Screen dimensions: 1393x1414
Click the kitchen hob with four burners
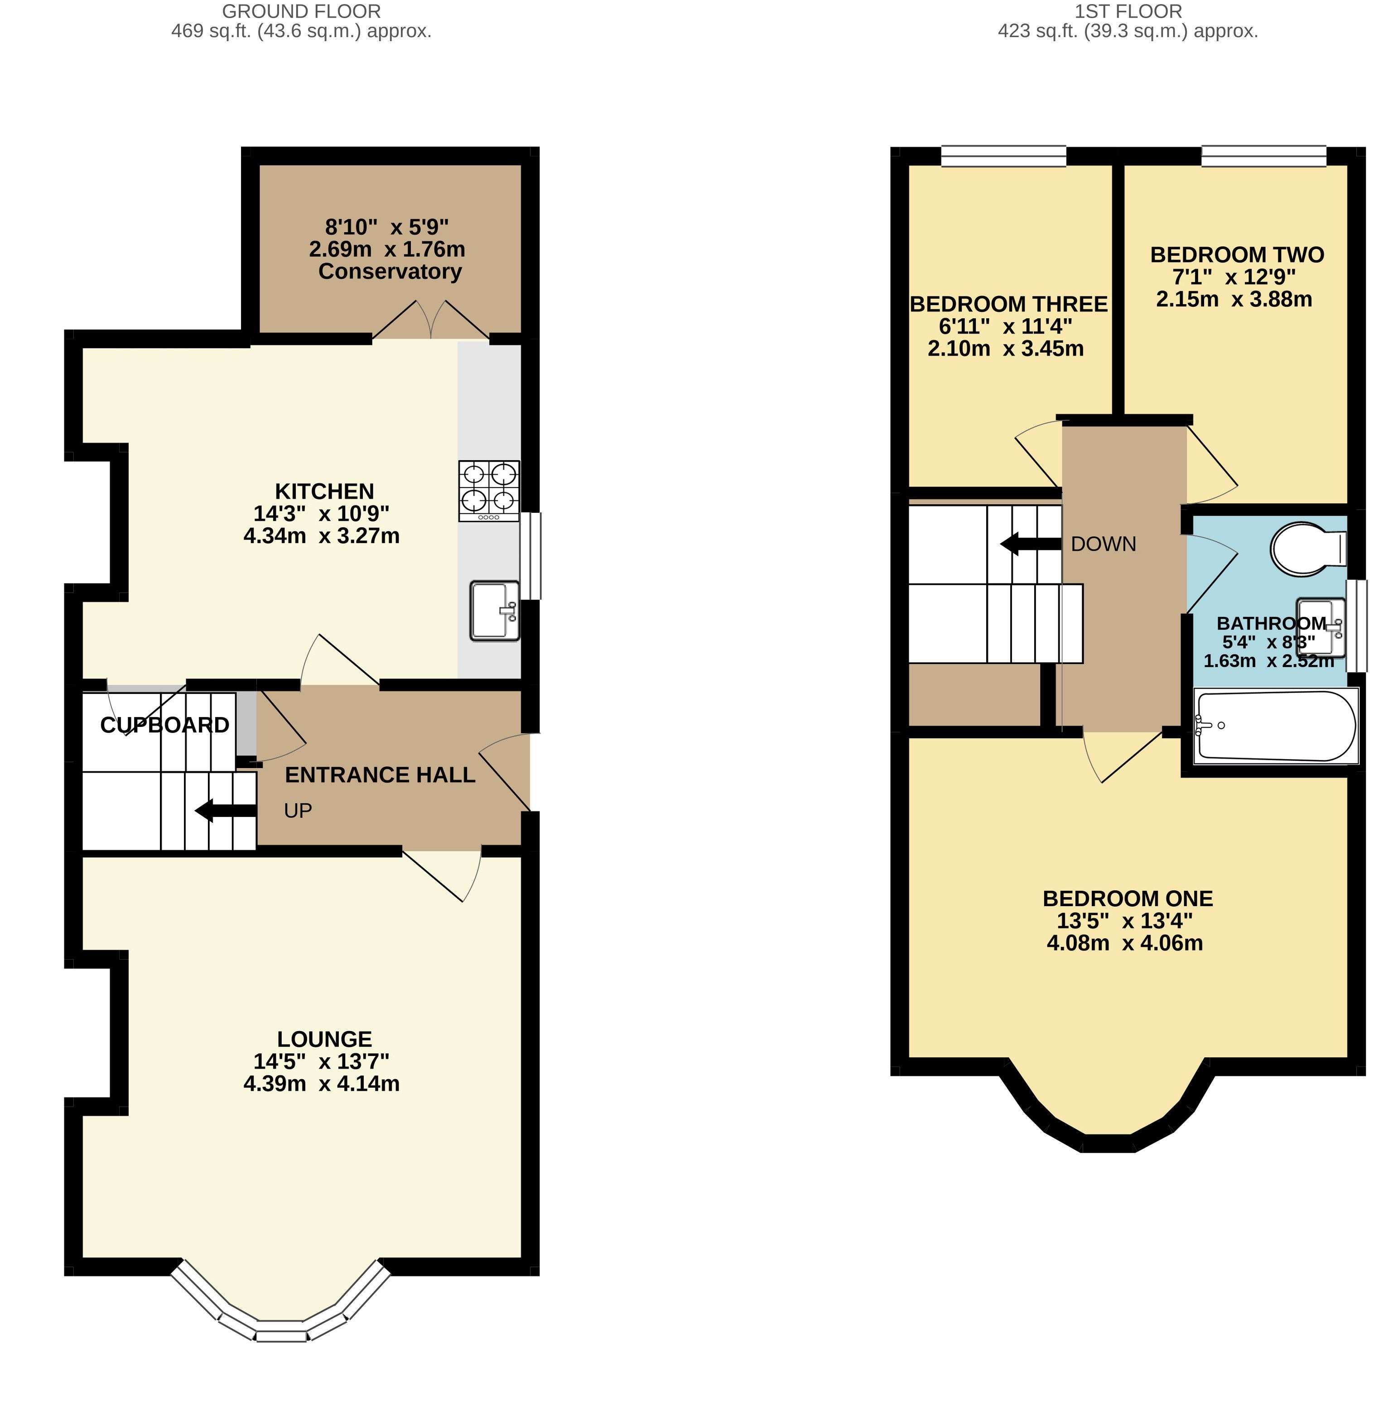click(489, 491)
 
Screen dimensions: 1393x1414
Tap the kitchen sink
click(495, 611)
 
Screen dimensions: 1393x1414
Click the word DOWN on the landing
click(1103, 544)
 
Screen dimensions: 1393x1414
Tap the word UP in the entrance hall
click(298, 810)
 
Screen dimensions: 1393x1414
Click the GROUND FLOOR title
click(301, 12)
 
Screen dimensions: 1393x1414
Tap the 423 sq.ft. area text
click(1041, 31)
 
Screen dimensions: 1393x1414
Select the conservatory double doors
click(431, 320)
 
